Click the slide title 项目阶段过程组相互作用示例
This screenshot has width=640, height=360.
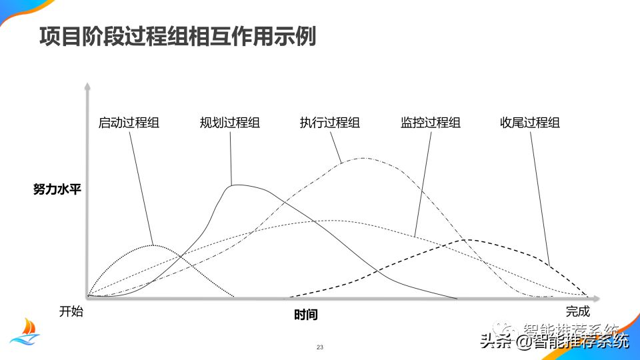177,37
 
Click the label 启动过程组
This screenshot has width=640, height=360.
129,123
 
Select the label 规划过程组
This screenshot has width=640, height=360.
230,123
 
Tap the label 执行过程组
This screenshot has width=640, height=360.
330,123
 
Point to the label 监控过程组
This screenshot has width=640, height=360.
431,123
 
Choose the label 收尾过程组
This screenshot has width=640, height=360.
530,123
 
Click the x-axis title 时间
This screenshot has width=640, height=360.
305,315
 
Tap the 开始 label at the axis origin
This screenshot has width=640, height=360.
71,311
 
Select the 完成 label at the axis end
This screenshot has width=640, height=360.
578,311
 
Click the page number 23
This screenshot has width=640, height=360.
320,348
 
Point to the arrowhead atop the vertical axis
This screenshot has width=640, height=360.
87,86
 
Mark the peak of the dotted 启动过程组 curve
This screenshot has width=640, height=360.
154,245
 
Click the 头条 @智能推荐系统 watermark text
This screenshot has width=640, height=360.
553,341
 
